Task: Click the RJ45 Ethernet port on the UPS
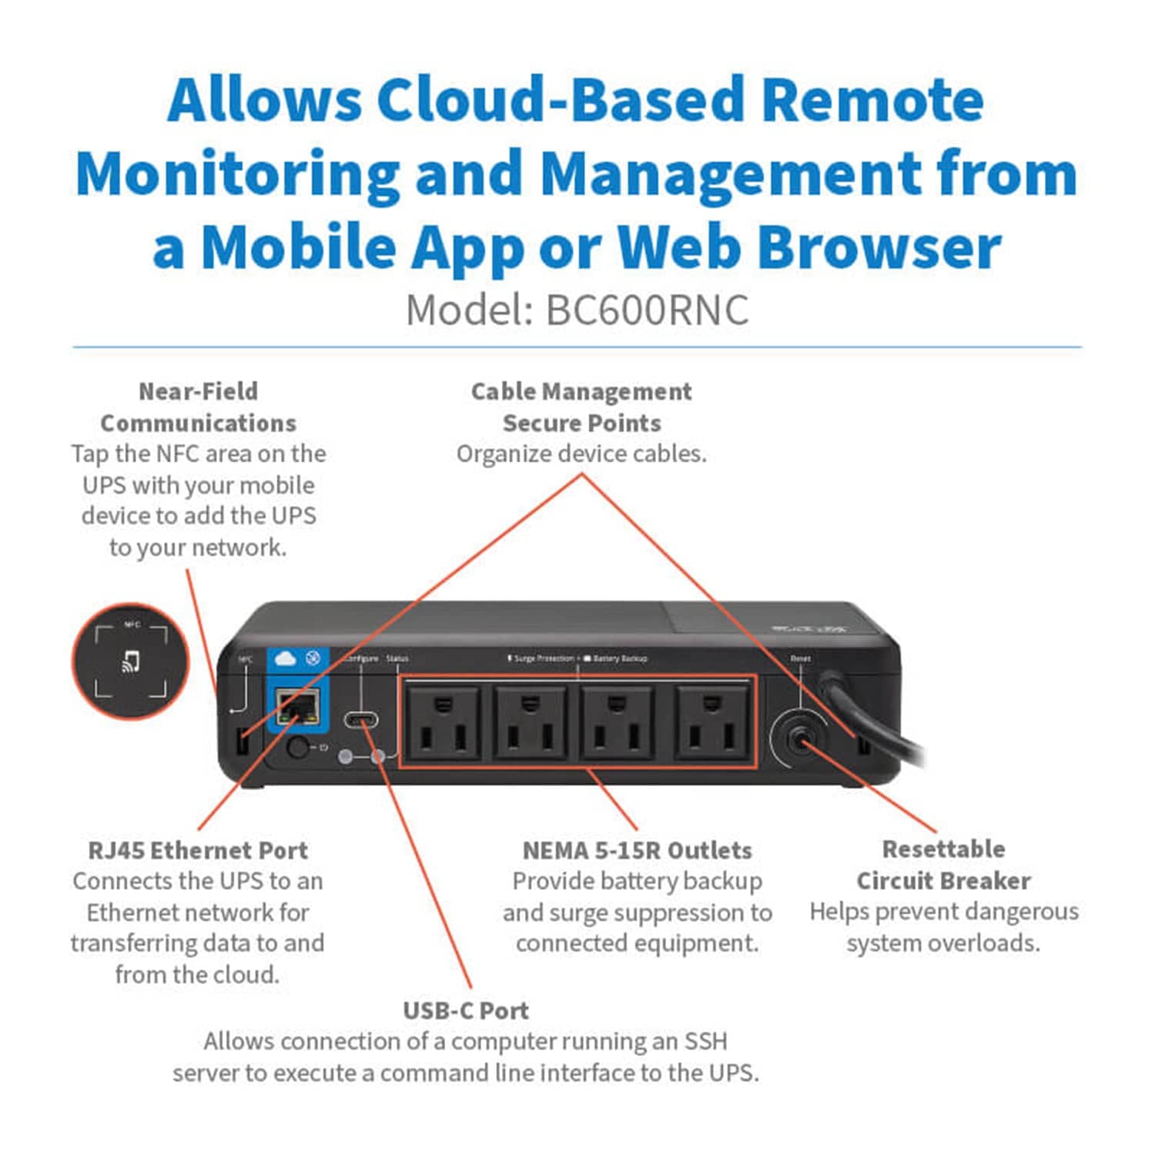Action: [298, 707]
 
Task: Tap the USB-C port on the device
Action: [360, 721]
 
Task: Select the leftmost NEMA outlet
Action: [443, 723]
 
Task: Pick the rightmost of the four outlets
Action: [712, 723]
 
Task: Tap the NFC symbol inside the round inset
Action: [131, 661]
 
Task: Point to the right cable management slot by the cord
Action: [862, 745]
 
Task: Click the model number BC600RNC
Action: [647, 310]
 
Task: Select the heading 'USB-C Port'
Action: [466, 1010]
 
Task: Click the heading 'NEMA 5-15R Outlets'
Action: [637, 850]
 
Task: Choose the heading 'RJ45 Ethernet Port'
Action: [198, 850]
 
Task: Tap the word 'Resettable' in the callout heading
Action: [943, 849]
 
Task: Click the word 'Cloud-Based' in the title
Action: [563, 100]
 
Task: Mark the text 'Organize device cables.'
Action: [581, 454]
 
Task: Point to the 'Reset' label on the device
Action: [800, 659]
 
